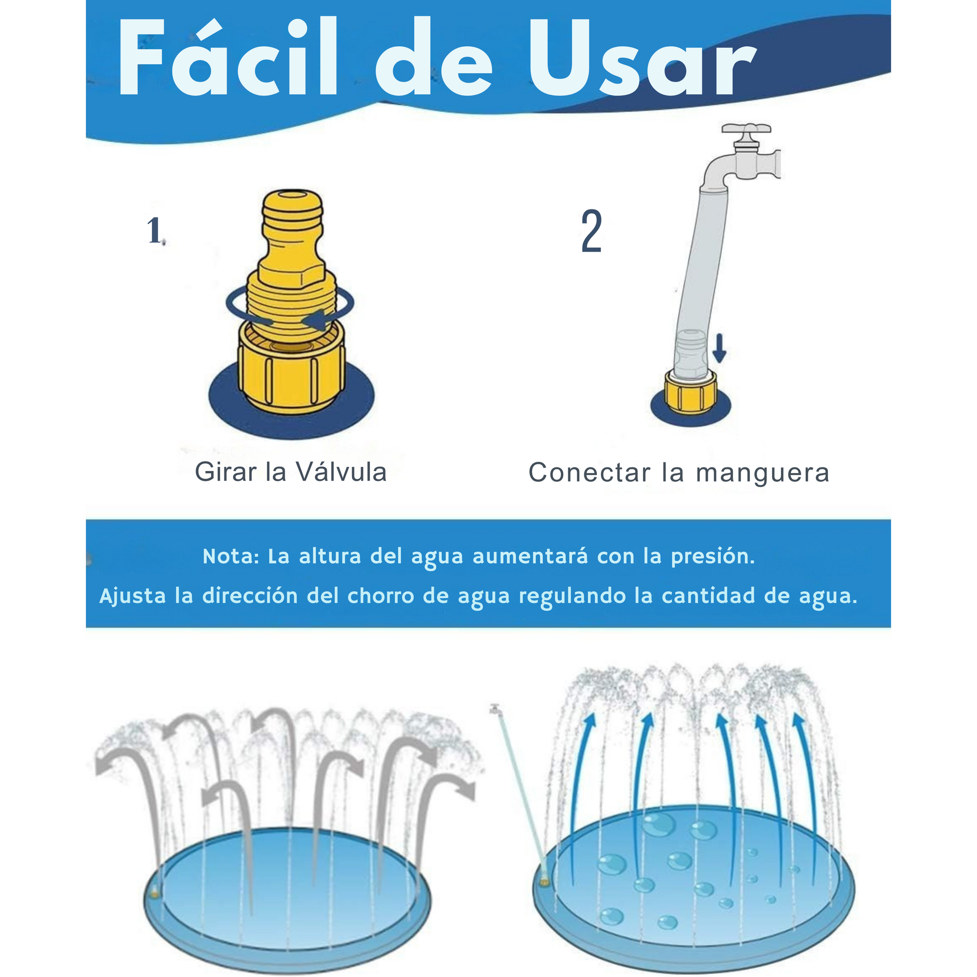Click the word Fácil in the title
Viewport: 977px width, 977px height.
click(227, 57)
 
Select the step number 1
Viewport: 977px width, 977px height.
click(155, 230)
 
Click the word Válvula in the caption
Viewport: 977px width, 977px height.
click(341, 472)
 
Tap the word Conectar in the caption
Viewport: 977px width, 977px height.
click(589, 473)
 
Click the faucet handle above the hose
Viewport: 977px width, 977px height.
click(747, 130)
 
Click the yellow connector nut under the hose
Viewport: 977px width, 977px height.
click(691, 392)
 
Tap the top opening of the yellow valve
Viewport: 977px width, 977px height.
click(292, 195)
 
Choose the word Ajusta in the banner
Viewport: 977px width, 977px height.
click(133, 596)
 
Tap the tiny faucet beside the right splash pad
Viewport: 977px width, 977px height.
click(496, 709)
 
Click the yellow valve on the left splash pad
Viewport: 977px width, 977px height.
click(154, 894)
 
